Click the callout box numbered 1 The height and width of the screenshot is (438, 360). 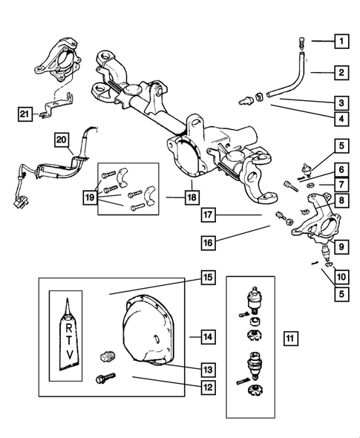click(341, 42)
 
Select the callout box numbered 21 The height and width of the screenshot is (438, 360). click(24, 114)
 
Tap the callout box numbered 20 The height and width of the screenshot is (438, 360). click(62, 140)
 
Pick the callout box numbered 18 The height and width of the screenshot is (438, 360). click(192, 197)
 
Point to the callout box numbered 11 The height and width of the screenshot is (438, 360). click(290, 339)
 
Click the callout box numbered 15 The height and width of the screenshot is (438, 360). click(209, 278)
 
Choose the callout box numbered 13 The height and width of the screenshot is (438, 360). click(209, 370)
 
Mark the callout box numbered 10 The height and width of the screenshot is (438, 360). click(341, 277)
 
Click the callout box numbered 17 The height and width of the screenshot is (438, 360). click(209, 215)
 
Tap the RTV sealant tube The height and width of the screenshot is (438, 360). click(69, 336)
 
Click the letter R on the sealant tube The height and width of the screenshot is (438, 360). click(69, 328)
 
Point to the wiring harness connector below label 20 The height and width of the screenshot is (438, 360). click(19, 202)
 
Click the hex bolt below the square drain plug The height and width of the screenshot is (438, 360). click(105, 377)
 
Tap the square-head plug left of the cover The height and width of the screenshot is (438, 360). click(107, 356)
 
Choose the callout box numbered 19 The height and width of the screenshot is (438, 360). click(90, 197)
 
